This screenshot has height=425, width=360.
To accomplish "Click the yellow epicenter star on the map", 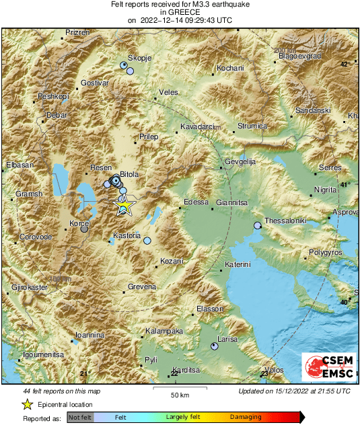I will pyautogui.click(x=124, y=206).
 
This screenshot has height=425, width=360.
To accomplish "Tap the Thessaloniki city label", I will pyautogui.click(x=285, y=221).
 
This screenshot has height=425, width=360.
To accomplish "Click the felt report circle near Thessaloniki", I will pyautogui.click(x=257, y=225).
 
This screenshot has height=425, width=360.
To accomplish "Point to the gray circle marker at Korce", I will pyautogui.click(x=84, y=229).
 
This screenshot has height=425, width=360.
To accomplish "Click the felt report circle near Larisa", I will pyautogui.click(x=215, y=346).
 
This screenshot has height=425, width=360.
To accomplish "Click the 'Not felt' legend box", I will pyautogui.click(x=80, y=418).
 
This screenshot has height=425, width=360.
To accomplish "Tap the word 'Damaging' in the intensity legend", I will pyautogui.click(x=246, y=418).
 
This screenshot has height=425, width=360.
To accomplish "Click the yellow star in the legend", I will pyautogui.click(x=27, y=404).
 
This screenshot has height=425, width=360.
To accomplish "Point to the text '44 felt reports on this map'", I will pyautogui.click(x=62, y=391).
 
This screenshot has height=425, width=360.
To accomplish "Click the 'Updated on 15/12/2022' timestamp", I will pyautogui.click(x=294, y=391).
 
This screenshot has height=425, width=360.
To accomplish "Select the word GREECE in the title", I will pyautogui.click(x=179, y=12).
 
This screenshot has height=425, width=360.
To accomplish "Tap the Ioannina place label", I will pyautogui.click(x=89, y=334).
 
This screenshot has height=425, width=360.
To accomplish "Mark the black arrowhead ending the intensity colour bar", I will pyautogui.click(x=301, y=418).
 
